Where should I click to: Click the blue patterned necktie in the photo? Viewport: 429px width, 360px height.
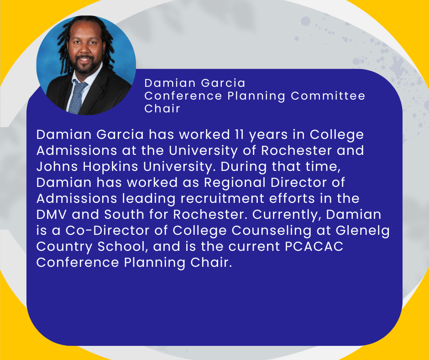coord(77,96)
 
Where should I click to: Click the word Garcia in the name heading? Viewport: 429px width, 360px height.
coord(223,83)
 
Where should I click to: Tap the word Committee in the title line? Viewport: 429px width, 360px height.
coord(328,96)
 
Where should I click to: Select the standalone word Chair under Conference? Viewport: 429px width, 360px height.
coord(162,108)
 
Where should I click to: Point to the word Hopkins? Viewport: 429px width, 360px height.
coord(110,167)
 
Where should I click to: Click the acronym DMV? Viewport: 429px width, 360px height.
coord(52,214)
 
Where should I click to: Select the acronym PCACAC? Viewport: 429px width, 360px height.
coord(314,246)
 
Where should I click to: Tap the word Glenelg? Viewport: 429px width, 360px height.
coord(362,231)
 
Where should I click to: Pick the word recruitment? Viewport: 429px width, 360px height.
coord(222,199)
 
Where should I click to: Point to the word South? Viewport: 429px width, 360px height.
coord(124,214)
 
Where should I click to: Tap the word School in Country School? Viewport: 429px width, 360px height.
coord(121,247)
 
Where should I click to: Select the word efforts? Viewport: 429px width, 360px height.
coord(292,199)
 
